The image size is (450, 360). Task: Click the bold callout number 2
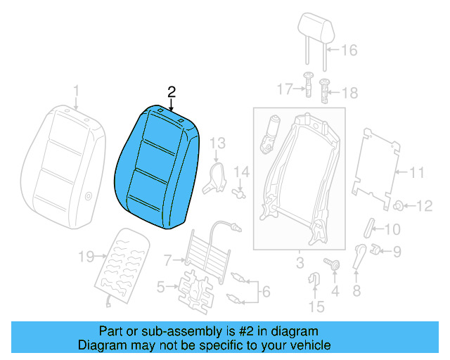[x=171, y=91]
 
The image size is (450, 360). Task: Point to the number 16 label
[x=349, y=50]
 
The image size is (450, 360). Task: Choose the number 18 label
[x=349, y=92]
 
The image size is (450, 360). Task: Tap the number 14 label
[x=242, y=171]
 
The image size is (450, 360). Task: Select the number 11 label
[x=417, y=171]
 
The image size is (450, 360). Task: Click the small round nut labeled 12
[x=398, y=205]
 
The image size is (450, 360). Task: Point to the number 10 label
[x=392, y=229]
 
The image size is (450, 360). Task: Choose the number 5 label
[x=160, y=286]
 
